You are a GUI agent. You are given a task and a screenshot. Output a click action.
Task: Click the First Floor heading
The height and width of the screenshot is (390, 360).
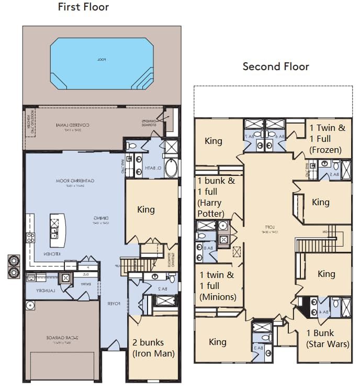pos(83,7)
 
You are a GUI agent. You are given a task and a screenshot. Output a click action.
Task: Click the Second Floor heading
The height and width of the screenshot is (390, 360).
pos(276,66)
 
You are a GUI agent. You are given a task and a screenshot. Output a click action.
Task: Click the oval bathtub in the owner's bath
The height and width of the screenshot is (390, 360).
pos(172,168)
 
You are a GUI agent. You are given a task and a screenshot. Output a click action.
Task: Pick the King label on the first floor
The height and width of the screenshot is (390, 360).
pos(146,210)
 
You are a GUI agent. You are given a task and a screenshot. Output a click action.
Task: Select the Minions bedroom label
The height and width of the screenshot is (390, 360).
pos(217,286)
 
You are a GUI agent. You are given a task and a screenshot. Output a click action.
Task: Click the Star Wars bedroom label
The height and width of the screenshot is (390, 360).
pos(328,339)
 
